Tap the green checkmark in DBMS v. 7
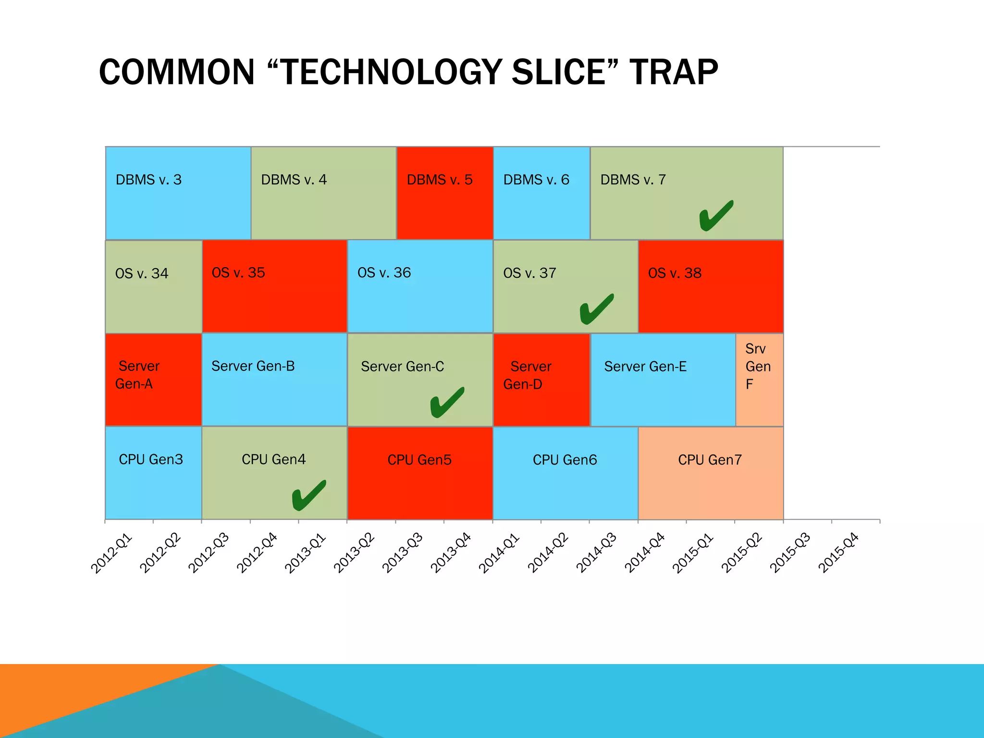pyautogui.click(x=716, y=216)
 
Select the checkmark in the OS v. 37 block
pyautogui.click(x=596, y=309)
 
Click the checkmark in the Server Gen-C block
pyautogui.click(x=447, y=402)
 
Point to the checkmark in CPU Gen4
pyautogui.click(x=308, y=495)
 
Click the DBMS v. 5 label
pyautogui.click(x=440, y=180)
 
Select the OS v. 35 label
pyautogui.click(x=238, y=273)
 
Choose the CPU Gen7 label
pyautogui.click(x=710, y=460)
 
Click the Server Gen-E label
pyautogui.click(x=645, y=367)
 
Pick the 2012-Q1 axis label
pyautogui.click(x=111, y=553)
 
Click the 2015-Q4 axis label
pyautogui.click(x=838, y=553)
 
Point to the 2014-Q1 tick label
pyautogui.click(x=499, y=553)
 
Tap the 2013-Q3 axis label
pyautogui.click(x=403, y=553)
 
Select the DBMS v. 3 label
pyautogui.click(x=148, y=180)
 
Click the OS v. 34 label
pyautogui.click(x=142, y=273)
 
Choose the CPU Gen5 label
pyautogui.click(x=419, y=460)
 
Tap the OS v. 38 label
pyautogui.click(x=675, y=273)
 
